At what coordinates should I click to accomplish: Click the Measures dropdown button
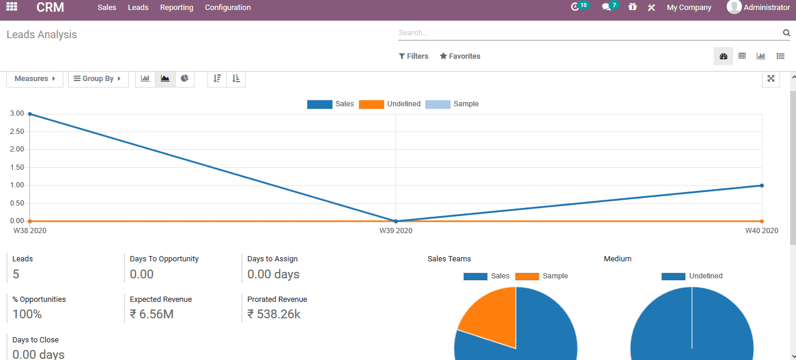coord(35,79)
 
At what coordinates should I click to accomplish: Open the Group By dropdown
coord(98,79)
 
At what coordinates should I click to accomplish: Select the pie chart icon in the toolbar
coord(184,79)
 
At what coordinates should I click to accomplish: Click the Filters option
coord(414,56)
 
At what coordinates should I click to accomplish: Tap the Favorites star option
coord(460,56)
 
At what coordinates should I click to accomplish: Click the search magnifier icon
coord(786,33)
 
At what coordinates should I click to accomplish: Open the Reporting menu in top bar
coord(176,8)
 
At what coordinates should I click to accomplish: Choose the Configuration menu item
coord(228,8)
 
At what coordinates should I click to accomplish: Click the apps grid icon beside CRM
coord(12,7)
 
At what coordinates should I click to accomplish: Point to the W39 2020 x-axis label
coord(395,231)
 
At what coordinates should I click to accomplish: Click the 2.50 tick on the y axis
coord(17,132)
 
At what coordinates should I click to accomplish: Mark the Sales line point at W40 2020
coord(762,186)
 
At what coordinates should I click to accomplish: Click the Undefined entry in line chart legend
coord(391,104)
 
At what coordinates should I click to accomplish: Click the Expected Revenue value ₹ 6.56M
coord(152,314)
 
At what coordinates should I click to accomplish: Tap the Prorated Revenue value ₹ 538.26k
coord(274,314)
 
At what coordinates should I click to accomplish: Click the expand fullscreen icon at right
coord(771,79)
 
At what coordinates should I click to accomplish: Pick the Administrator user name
coord(766,8)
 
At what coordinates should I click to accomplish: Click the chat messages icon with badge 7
coord(607,8)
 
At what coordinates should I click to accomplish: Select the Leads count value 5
coord(16,274)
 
